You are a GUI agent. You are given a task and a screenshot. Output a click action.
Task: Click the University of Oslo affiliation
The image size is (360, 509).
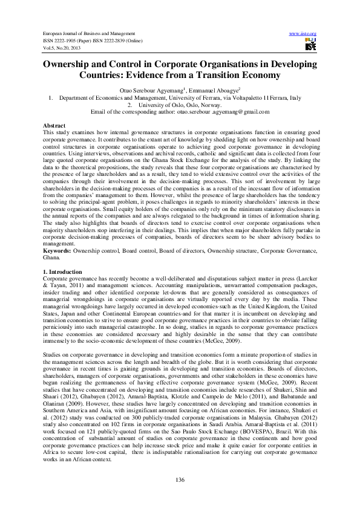(180, 104)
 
